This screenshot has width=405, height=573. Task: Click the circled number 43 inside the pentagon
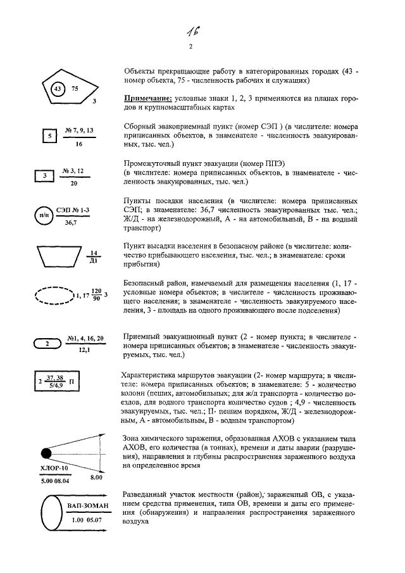(x=58, y=89)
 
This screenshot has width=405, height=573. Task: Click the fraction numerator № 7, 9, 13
(x=79, y=130)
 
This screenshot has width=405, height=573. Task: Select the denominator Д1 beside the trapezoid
(x=92, y=260)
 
